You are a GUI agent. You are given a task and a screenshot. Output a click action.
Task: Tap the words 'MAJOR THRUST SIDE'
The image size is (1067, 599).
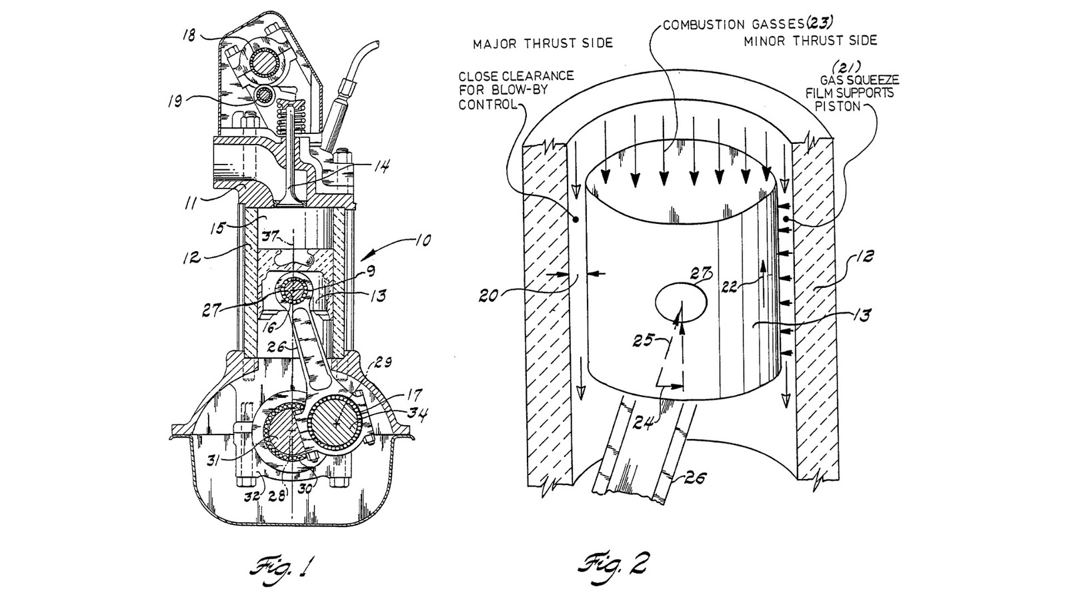[x=542, y=44]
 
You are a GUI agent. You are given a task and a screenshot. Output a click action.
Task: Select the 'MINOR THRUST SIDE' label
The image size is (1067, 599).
[x=810, y=40]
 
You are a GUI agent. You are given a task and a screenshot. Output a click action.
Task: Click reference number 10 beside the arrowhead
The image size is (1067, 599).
[x=424, y=240]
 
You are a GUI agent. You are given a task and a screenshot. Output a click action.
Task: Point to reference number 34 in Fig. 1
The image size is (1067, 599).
[x=419, y=413]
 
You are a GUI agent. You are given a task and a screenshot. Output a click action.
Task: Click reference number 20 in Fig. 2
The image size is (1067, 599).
[x=489, y=294]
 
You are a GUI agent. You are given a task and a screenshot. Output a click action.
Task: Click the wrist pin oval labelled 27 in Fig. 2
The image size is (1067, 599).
[x=682, y=302]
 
